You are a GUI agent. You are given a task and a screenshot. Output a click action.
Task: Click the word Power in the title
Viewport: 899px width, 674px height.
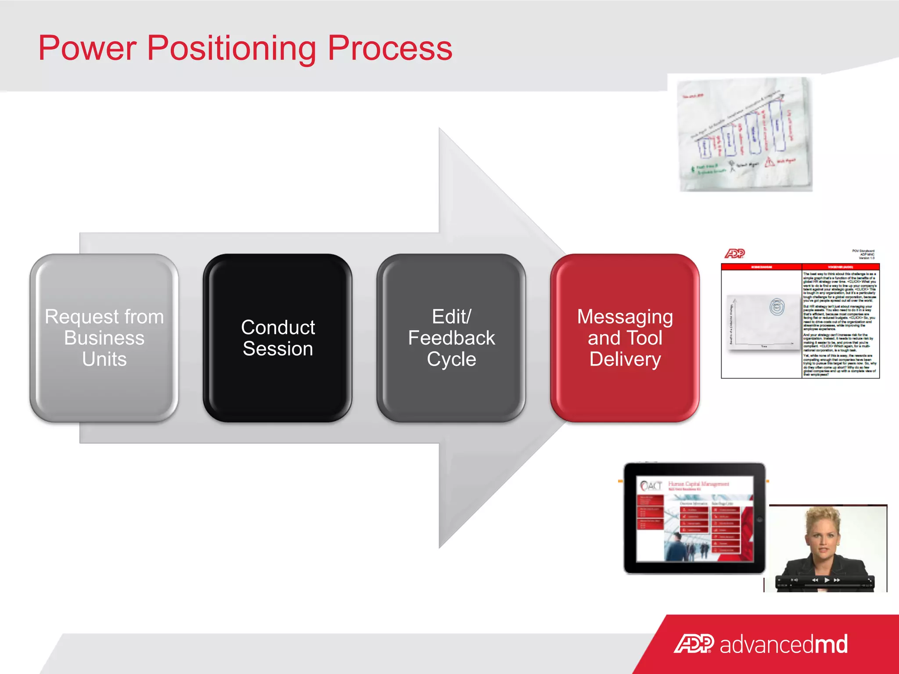coord(87,48)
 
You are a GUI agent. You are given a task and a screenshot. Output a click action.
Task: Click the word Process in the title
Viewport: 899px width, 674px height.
coord(390,48)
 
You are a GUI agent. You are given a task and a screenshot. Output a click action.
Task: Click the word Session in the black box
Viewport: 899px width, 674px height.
coord(277,349)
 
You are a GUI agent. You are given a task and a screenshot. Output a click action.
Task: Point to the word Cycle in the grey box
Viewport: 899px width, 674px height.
coord(451,359)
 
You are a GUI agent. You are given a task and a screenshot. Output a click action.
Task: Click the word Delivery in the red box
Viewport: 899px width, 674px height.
coord(625,359)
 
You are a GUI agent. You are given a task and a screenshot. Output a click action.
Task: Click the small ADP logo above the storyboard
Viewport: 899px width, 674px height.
coord(734,253)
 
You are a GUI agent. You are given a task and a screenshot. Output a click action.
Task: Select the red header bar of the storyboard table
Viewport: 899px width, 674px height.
coord(800,267)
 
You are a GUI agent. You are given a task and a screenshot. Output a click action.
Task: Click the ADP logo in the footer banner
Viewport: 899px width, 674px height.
coord(694,644)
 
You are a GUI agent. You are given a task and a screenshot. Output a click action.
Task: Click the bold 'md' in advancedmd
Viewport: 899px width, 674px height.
coord(831,644)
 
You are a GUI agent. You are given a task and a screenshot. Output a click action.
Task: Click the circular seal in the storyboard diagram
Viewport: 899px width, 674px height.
coord(777,307)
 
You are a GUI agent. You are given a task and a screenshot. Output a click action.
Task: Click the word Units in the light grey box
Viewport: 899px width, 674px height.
coord(104,359)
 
